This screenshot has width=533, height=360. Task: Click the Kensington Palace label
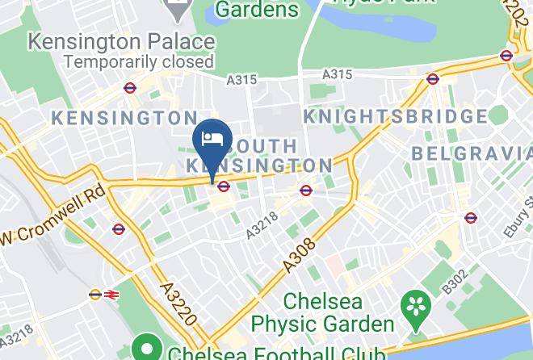[122, 40]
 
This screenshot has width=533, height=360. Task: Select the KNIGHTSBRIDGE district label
[395, 117]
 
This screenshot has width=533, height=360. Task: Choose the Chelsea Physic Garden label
[322, 312]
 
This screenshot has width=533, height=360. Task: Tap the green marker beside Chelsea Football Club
[146, 350]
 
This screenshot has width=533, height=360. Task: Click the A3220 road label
[178, 303]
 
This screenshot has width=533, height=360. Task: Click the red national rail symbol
[109, 295]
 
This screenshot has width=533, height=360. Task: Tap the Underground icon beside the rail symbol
[94, 295]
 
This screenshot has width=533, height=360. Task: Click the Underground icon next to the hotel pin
[224, 187]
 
